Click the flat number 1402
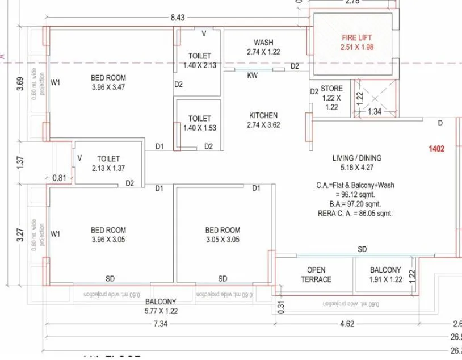point(436,149)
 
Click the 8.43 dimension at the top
point(177,18)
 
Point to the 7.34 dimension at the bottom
point(159,324)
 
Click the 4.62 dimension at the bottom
point(346,324)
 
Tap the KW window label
point(252,75)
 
